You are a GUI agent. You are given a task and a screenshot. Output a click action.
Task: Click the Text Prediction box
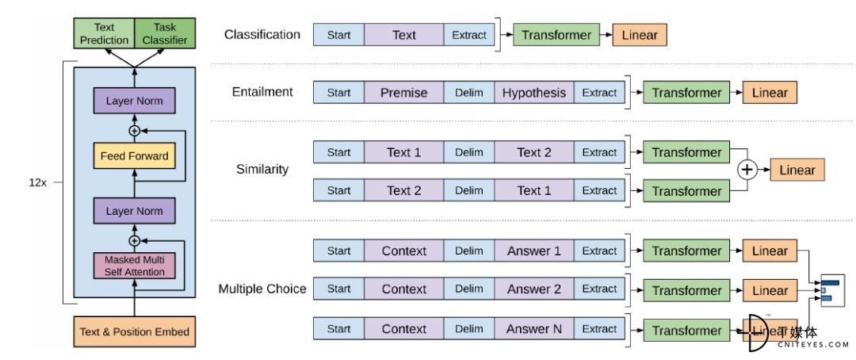[x=104, y=33]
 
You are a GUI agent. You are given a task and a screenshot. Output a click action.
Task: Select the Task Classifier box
[x=165, y=33]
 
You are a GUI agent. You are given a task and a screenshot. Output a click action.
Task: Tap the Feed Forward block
[x=134, y=156]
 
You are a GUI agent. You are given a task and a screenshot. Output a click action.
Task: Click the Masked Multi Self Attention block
[x=134, y=266]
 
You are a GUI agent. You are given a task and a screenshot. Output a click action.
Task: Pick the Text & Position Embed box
[x=134, y=331]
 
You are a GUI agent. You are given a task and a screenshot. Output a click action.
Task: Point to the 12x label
[x=38, y=182]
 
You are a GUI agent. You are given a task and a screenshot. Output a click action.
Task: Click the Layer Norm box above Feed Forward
[x=134, y=101]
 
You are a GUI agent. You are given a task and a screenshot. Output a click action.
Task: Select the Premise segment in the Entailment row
[x=404, y=92]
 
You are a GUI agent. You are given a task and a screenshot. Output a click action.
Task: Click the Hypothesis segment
[x=534, y=92]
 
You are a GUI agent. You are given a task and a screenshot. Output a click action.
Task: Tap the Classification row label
[x=262, y=34]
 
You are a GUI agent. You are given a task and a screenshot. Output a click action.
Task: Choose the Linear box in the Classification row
[x=640, y=35]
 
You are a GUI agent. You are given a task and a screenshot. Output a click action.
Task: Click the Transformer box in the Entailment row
[x=686, y=92]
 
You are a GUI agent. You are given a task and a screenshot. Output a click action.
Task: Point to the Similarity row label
[x=262, y=170]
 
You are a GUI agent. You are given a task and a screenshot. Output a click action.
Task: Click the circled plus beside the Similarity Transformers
[x=747, y=170]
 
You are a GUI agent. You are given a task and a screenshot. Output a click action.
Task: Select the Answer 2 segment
[x=534, y=289]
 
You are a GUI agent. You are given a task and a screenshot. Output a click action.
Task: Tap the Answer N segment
[x=534, y=329]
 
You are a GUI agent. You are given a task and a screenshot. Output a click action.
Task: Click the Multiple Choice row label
[x=262, y=289]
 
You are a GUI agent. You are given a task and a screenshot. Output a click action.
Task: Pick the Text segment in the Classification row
[x=404, y=34]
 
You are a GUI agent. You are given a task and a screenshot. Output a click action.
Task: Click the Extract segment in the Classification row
[x=469, y=34]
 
